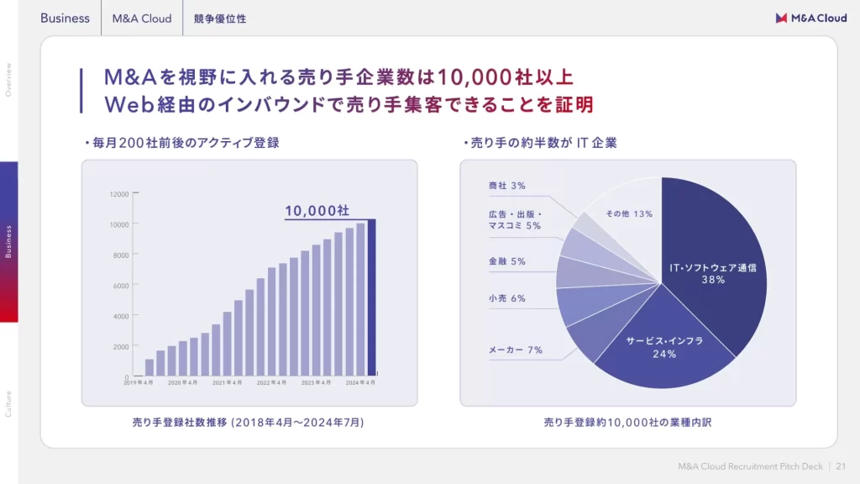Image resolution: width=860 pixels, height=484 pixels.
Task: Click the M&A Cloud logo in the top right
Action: click(x=810, y=18)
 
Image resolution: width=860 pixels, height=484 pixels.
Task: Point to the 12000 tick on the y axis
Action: click(x=119, y=194)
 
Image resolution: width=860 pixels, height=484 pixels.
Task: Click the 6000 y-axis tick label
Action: click(x=121, y=286)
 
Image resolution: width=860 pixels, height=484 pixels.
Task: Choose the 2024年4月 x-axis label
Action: click(x=360, y=382)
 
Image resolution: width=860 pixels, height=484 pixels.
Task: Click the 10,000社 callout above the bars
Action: click(x=317, y=210)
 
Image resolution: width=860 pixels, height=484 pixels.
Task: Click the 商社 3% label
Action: click(x=506, y=186)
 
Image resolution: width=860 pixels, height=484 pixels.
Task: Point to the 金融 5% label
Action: click(x=506, y=261)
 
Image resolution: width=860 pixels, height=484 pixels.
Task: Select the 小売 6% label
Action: click(x=506, y=298)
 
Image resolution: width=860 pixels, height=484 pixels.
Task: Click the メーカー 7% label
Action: click(x=516, y=350)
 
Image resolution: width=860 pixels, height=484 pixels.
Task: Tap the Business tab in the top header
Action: click(x=65, y=18)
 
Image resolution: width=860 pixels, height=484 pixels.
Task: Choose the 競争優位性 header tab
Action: click(x=219, y=18)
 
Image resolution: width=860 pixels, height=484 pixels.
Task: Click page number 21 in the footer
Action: click(x=841, y=467)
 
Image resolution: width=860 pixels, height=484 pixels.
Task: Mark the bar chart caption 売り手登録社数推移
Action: click(x=248, y=422)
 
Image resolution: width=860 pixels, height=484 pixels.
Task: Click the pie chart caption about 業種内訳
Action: click(x=627, y=422)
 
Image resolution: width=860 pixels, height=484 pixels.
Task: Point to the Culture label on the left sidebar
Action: click(x=8, y=403)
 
